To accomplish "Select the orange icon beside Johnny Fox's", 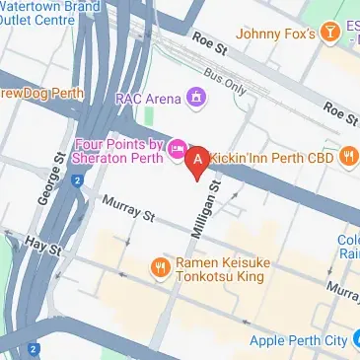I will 336,35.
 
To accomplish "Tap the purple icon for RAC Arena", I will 197,97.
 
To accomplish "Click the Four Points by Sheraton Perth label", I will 115,150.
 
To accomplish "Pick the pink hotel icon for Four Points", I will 179,149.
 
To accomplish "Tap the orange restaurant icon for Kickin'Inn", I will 348,156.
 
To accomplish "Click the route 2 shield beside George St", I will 76,180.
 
